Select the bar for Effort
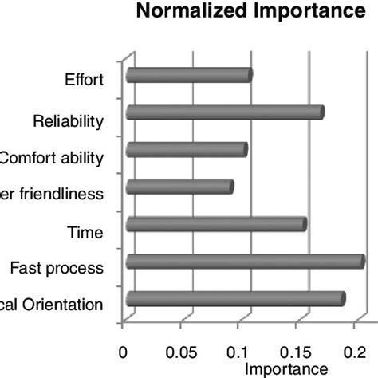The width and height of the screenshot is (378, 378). pos(188,76)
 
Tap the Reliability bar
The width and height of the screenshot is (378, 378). pos(224,112)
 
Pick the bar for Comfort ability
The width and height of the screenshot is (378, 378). pos(186,150)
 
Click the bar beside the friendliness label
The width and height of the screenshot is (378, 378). pos(179,187)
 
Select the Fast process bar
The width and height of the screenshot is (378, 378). pos(244,262)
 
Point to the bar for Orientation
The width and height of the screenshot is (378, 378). pos(234,299)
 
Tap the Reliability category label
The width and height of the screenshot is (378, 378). pos(68,121)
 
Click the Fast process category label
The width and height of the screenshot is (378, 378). pos(61,269)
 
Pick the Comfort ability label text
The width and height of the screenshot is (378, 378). pos(53,158)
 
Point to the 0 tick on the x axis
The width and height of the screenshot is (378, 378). pos(123,350)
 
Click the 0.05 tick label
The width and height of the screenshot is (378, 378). pos(181,350)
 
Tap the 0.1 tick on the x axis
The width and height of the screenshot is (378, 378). pos(238,350)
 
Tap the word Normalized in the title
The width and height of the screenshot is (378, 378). pos(197,13)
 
